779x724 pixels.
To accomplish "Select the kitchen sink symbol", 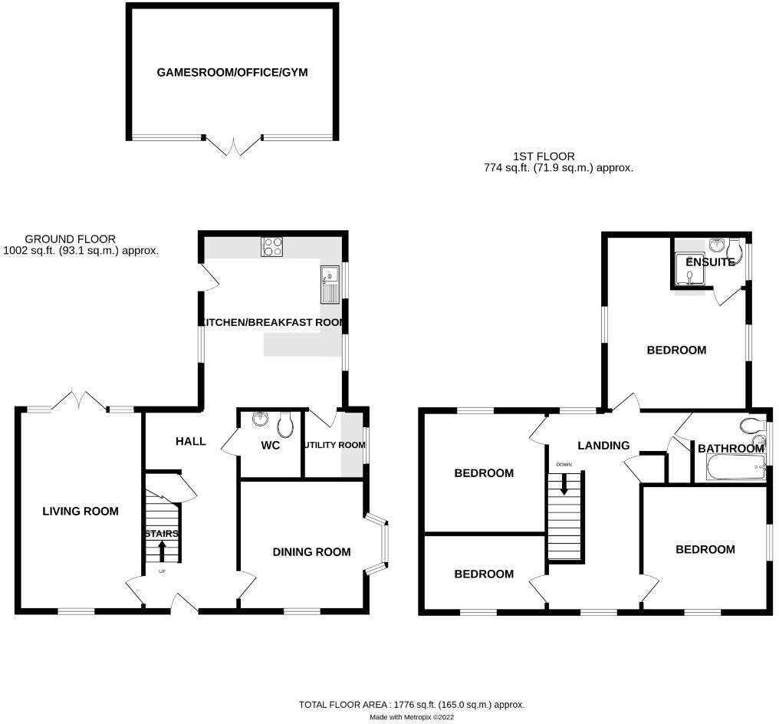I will tap(329, 285).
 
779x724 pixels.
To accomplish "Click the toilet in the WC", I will tap(286, 424).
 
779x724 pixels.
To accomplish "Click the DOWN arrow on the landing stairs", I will tap(564, 484).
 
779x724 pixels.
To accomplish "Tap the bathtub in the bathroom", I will tap(730, 467).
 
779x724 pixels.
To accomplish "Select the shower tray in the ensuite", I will tap(692, 274).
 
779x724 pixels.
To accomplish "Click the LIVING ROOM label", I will tap(81, 511).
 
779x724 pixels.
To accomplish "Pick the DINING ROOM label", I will tap(312, 551).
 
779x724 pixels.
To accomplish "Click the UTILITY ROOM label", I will tap(334, 445).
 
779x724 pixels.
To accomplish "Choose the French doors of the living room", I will tap(80, 401).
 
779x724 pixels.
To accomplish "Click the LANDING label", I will tap(603, 445).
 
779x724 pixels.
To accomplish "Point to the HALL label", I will tap(191, 441).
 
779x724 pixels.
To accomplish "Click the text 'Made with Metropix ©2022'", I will tap(411, 717).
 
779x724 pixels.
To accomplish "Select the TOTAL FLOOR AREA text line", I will tap(411, 704).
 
